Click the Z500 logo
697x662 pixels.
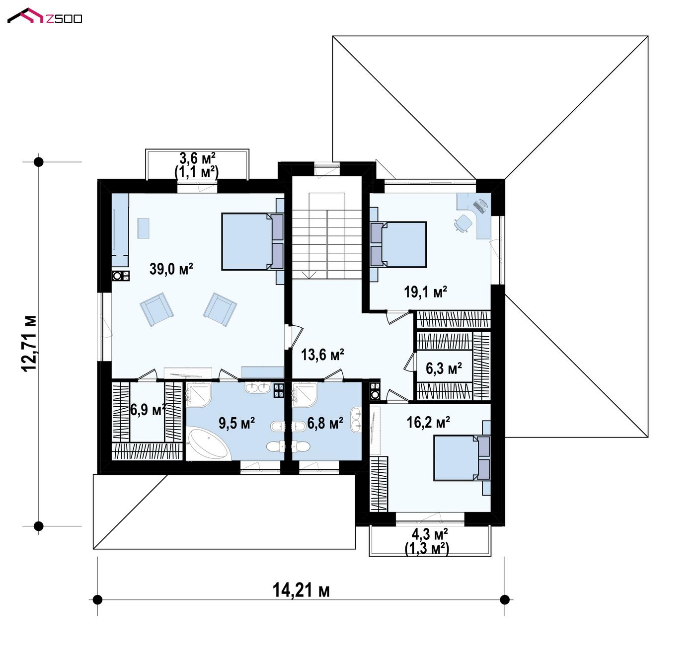coord(45,16)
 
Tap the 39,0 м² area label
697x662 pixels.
coord(171,269)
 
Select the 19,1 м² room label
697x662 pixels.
coord(425,292)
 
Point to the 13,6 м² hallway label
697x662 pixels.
coord(322,355)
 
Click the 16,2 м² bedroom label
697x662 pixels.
coord(428,423)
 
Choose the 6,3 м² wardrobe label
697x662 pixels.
coord(444,368)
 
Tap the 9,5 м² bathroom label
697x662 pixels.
coord(236,423)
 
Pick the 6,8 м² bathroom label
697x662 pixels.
coord(325,423)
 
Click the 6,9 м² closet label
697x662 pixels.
coord(148,410)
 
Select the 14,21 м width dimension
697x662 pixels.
coord(301,590)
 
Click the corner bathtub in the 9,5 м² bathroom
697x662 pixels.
coord(208,444)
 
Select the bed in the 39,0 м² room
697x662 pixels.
coord(252,241)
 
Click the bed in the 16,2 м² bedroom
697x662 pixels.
coord(462,458)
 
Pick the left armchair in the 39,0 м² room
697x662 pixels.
coord(156,309)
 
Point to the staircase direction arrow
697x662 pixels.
coord(309,275)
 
